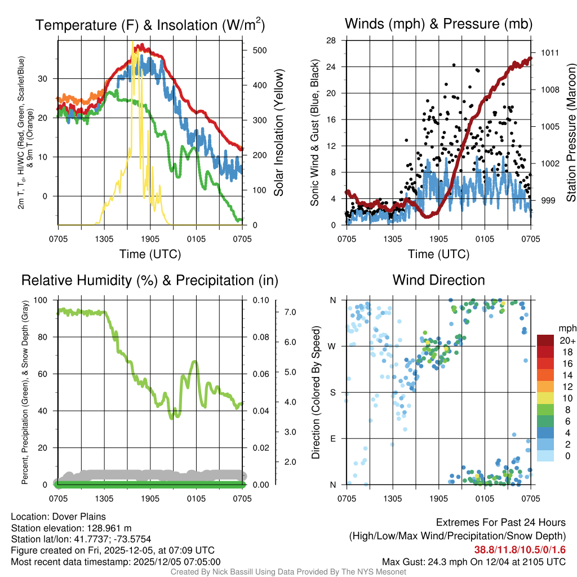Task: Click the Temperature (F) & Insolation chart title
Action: (x=150, y=25)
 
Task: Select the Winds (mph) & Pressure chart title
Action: (x=438, y=24)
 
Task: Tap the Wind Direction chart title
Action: (x=438, y=280)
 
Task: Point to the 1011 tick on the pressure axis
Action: (x=549, y=52)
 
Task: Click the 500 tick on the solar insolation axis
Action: (x=259, y=50)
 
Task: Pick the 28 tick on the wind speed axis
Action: (x=331, y=41)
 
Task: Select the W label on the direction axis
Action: (x=332, y=346)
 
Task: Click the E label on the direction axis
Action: (x=333, y=438)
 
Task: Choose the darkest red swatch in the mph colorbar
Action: (x=546, y=340)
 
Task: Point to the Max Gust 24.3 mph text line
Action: (x=473, y=562)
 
